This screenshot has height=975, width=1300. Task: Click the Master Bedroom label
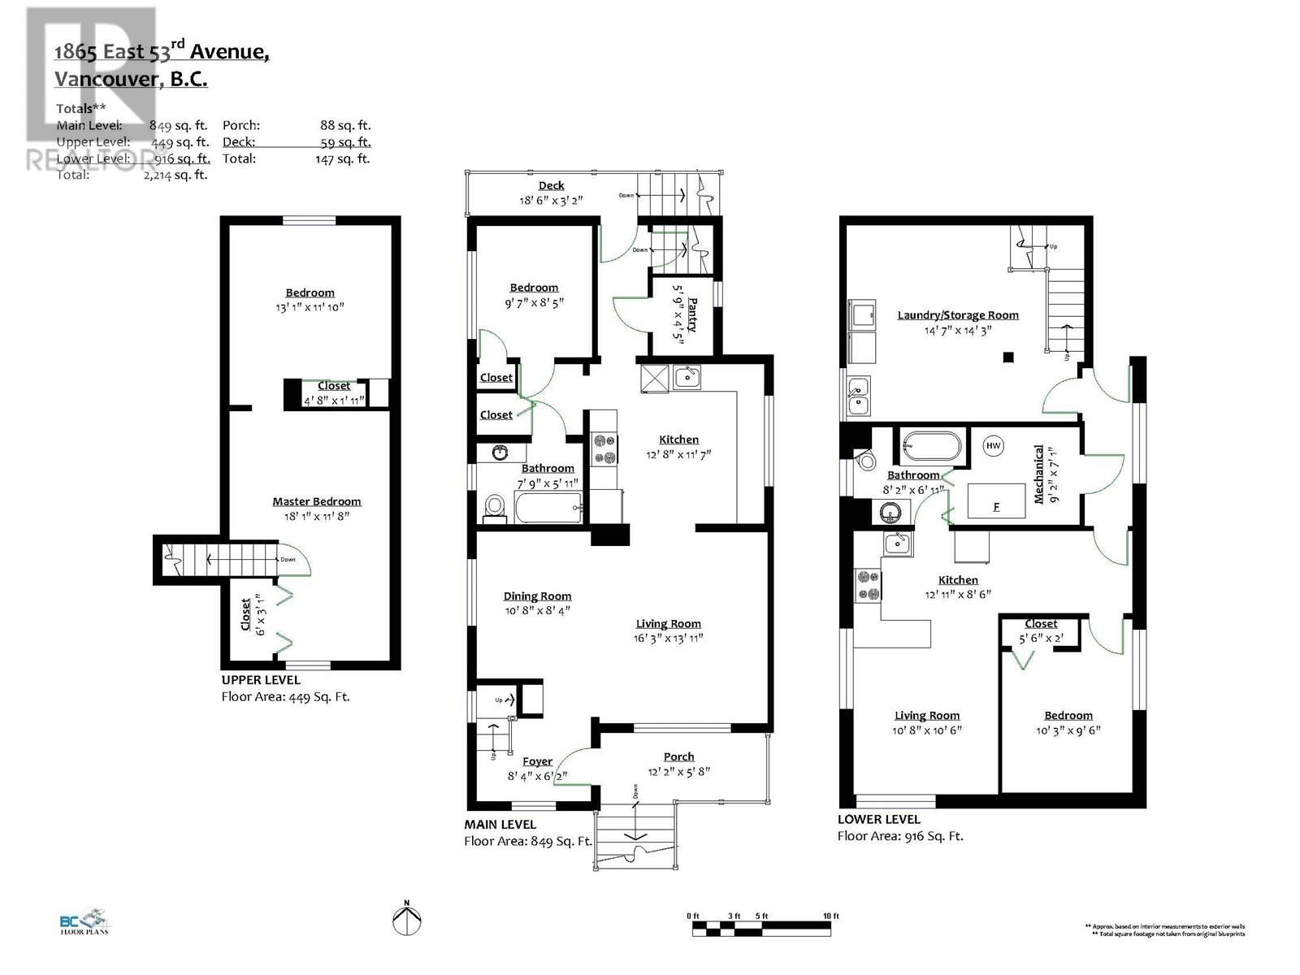pos(316,501)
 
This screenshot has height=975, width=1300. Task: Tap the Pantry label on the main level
pos(692,314)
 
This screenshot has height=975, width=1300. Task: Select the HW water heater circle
pos(993,445)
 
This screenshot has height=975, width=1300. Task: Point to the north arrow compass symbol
pos(407,921)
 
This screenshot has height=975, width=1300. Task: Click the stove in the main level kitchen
pos(604,449)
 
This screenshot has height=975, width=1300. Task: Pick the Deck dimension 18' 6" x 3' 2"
pos(551,200)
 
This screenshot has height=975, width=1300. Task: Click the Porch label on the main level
pos(678,756)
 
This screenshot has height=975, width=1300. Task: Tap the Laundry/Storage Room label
pos(957,315)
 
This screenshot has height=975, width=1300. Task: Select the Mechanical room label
pos(1038,474)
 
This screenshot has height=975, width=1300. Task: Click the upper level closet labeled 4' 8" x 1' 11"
pos(334,394)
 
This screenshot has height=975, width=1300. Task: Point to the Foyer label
pos(537,761)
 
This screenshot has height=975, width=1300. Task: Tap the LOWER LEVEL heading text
pos(878,819)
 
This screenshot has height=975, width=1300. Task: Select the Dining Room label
pos(537,596)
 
